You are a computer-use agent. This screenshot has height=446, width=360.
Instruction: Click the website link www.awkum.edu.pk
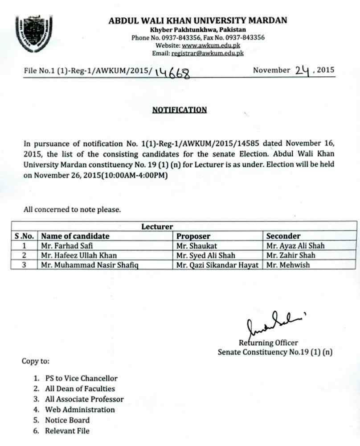pyautogui.click(x=208, y=45)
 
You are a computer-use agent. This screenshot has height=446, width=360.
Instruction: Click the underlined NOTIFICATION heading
pyautogui.click(x=180, y=110)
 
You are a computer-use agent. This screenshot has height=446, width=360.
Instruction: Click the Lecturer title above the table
pyautogui.click(x=157, y=227)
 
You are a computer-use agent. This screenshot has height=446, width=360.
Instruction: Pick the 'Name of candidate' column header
pyautogui.click(x=75, y=236)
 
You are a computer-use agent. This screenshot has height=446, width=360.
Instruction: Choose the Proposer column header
pyautogui.click(x=193, y=236)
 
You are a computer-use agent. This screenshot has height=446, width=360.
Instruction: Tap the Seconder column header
pyautogui.click(x=283, y=236)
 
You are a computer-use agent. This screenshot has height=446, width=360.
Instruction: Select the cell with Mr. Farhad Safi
pyautogui.click(x=67, y=246)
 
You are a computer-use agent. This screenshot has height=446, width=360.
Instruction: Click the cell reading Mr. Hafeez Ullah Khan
pyautogui.click(x=78, y=255)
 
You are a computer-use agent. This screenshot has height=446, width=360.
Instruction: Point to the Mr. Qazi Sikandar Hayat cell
pyautogui.click(x=217, y=264)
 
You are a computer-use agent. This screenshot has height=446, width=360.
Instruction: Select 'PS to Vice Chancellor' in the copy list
pyautogui.click(x=81, y=378)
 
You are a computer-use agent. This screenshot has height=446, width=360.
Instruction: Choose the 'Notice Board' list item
pyautogui.click(x=67, y=420)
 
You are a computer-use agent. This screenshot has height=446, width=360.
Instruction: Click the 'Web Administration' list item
pyautogui.click(x=80, y=409)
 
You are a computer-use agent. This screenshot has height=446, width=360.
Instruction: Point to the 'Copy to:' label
pyautogui.click(x=36, y=361)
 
